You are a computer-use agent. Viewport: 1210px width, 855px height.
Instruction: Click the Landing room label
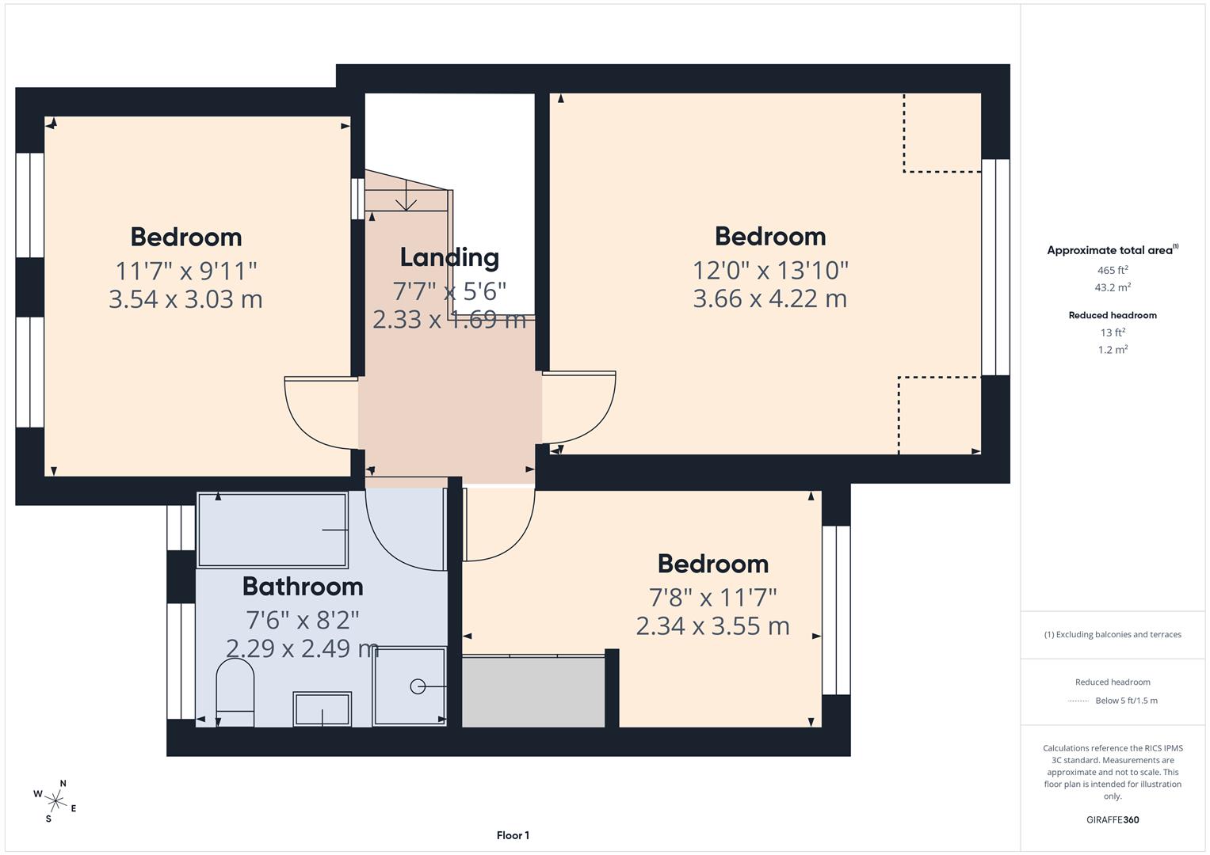(x=449, y=257)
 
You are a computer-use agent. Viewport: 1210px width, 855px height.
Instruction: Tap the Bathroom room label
(x=303, y=587)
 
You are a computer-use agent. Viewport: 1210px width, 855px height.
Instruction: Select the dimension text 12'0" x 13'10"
(x=770, y=271)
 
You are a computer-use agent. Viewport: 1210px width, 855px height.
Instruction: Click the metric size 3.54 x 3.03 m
(x=185, y=299)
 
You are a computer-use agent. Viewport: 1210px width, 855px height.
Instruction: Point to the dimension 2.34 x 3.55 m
(x=712, y=626)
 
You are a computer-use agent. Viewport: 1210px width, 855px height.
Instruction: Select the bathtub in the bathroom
(x=272, y=530)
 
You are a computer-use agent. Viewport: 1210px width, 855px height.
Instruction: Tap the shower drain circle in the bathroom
(x=418, y=686)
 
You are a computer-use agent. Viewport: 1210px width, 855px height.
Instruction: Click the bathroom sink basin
(x=322, y=709)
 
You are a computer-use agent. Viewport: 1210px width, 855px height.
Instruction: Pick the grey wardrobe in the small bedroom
(x=533, y=692)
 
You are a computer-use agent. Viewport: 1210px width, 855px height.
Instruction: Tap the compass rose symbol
(x=55, y=801)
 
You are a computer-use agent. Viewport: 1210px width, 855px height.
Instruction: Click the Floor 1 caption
(x=513, y=835)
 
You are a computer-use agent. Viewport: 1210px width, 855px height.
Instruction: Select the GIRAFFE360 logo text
(x=1113, y=819)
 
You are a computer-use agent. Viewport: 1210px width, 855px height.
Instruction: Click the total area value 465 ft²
(x=1113, y=270)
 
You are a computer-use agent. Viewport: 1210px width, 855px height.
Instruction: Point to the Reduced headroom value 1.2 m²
(x=1113, y=350)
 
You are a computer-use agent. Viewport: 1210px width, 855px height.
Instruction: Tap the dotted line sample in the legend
(x=1078, y=701)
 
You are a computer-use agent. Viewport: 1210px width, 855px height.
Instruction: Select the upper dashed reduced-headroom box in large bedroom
(x=942, y=132)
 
